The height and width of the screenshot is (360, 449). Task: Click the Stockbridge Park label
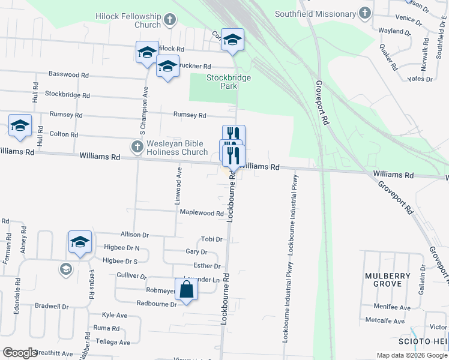point(228,82)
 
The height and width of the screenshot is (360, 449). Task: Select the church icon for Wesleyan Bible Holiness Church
point(136,146)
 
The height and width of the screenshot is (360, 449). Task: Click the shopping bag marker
point(186,290)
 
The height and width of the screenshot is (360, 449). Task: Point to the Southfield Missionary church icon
point(364,13)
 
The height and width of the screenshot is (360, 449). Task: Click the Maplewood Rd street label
point(202,213)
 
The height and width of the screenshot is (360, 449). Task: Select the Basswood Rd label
point(68,75)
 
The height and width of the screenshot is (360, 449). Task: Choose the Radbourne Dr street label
point(157,304)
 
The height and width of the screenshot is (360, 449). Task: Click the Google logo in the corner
point(20,353)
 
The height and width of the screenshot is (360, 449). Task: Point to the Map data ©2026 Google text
point(412,355)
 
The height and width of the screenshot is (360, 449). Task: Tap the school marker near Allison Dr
point(80,242)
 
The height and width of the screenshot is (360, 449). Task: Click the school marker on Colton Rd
point(20,126)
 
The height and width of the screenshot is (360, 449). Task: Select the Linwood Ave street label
point(178,187)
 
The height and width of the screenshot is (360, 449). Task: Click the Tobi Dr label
point(212,239)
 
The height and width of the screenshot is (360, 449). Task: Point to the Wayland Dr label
point(394,31)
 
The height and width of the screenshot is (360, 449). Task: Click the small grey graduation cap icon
point(65,269)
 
